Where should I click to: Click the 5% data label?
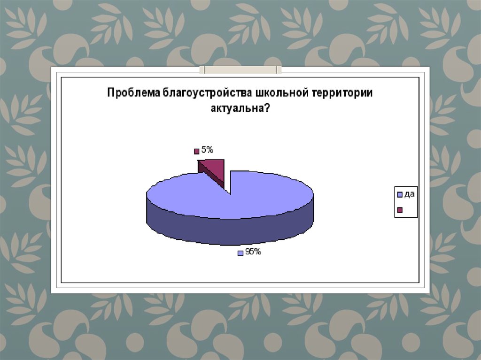tap(208, 150)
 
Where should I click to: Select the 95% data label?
tap(253, 252)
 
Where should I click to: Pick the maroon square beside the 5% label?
tap(197, 151)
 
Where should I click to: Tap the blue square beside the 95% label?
tap(240, 253)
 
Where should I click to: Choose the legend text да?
tap(409, 194)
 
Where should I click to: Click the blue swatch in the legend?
tap(400, 194)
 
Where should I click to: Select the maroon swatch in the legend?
tap(400, 210)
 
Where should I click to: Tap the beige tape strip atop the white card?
tap(240, 69)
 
